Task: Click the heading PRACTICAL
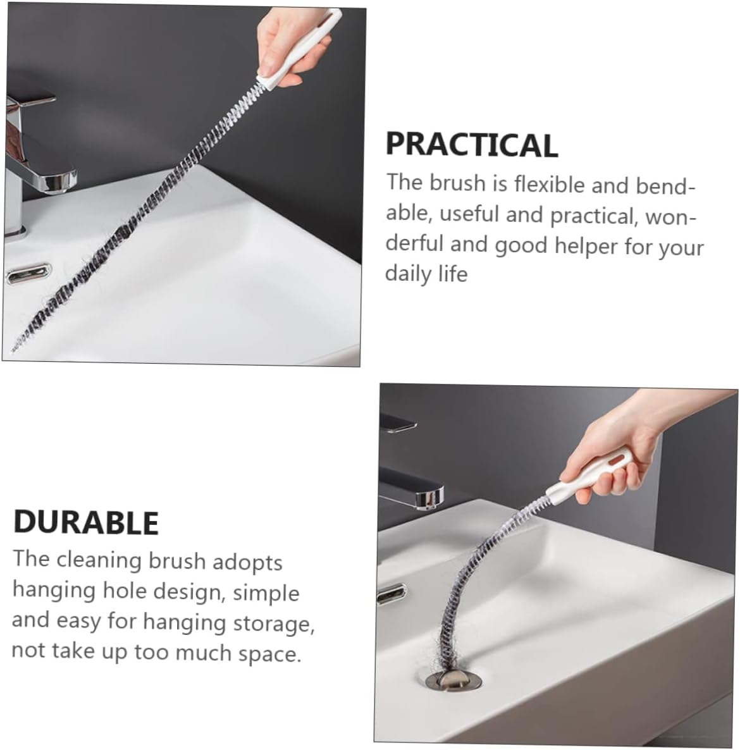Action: click(472, 144)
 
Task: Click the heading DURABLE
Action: click(86, 522)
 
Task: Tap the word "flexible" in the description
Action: click(549, 184)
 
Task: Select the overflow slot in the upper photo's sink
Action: click(28, 274)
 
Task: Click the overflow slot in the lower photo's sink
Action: click(392, 594)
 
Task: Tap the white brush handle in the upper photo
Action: click(300, 48)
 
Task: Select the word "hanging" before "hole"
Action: click(52, 591)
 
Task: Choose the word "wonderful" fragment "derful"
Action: click(414, 243)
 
